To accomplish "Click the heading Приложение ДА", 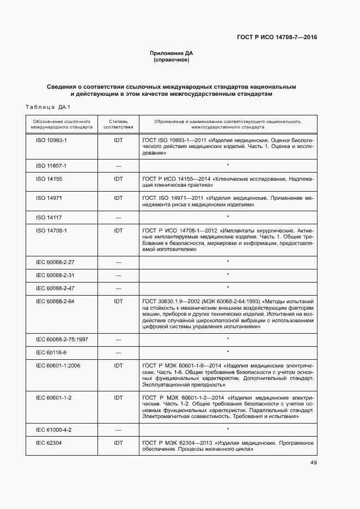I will click(172, 53).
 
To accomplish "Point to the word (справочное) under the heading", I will click(172, 60).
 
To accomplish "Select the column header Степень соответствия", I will click(118, 124).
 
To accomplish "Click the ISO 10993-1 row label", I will click(51, 140).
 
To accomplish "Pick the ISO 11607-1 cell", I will click(51, 165).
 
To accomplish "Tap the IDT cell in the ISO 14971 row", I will click(118, 198).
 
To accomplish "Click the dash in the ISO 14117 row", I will click(118, 218).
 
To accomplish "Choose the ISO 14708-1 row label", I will click(51, 231).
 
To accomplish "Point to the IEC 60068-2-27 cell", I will click(55, 262).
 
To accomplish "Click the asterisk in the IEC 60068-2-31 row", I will click(228, 275).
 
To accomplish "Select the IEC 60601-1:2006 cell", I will click(58, 365).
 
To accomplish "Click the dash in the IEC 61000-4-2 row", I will click(118, 430).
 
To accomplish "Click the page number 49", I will click(313, 463).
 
